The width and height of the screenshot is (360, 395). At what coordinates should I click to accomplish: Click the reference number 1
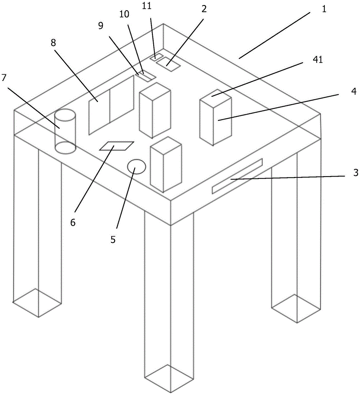324,9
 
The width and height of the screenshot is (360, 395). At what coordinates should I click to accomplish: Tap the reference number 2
204,9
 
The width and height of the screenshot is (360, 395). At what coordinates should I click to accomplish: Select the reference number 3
355,173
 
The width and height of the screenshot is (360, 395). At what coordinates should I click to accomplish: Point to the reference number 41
317,60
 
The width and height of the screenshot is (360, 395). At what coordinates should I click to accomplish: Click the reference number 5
113,240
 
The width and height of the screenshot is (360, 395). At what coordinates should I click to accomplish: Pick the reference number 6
73,222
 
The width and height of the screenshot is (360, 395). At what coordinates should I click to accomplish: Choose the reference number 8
53,43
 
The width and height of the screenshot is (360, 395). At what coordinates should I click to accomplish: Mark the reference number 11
147,6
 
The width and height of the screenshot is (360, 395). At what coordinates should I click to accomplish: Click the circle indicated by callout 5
137,167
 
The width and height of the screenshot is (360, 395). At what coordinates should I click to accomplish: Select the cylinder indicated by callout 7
65,131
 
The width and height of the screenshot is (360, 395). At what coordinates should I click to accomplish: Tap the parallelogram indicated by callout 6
116,146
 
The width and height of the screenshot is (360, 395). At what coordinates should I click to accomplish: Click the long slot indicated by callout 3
237,176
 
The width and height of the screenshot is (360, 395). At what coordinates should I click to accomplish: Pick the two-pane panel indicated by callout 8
111,105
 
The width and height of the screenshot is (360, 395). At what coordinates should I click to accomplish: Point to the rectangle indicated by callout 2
168,64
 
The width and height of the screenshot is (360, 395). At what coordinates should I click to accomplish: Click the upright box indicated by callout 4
216,117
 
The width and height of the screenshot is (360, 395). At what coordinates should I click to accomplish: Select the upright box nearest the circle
166,164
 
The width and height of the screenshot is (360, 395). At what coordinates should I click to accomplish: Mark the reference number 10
124,14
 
